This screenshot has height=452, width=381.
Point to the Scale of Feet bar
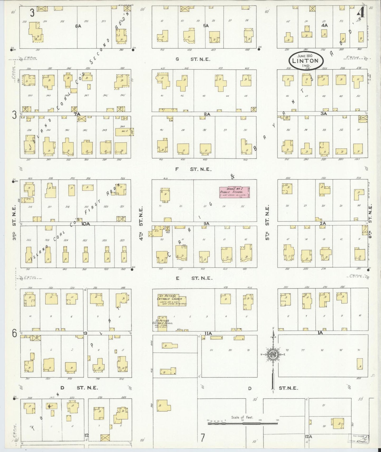243,424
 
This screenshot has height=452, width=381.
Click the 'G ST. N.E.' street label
193,59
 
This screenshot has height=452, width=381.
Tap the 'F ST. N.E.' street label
194,169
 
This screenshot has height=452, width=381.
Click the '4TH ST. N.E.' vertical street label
141,223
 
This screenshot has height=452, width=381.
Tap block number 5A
206,26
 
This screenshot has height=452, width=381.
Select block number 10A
86,224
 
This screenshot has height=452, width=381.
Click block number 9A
206,224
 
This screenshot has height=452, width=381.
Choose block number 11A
208,334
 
